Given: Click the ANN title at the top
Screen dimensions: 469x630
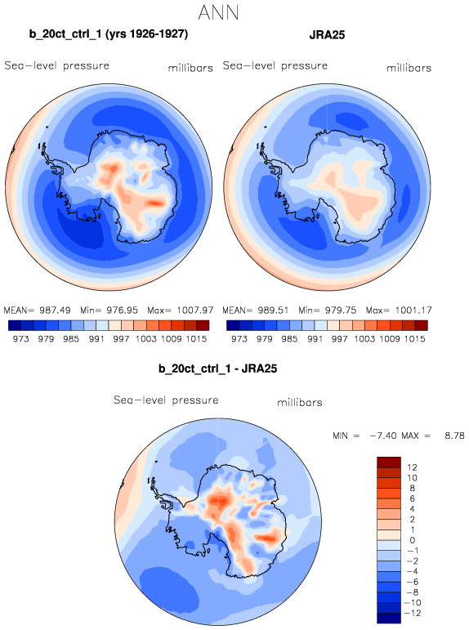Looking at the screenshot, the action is tap(219, 12).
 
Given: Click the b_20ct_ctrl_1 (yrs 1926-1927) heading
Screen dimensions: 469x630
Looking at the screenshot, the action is tap(109, 34).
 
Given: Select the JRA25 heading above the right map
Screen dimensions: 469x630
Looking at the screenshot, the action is tap(327, 35).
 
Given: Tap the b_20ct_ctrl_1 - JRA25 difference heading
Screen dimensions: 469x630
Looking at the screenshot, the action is tap(218, 369).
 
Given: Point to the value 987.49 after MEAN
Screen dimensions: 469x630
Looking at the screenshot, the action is tap(55, 311).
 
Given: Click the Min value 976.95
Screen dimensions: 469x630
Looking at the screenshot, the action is tap(122, 311).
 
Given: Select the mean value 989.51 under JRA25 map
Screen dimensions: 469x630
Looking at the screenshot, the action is tap(273, 311).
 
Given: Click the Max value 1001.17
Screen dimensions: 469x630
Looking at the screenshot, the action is tap(413, 311).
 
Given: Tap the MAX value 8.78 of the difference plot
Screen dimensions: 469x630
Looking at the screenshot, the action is tap(454, 436).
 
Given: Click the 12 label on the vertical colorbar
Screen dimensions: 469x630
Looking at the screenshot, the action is tap(412, 467).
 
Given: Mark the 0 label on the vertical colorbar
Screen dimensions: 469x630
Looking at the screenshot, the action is tap(413, 540).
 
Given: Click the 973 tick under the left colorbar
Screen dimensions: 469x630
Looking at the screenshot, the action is tap(21, 339).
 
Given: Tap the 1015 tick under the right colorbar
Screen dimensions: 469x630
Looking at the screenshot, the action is tap(415, 339).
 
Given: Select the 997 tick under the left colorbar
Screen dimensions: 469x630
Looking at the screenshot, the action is tap(121, 339).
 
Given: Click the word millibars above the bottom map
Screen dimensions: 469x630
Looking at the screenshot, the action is tap(300, 402).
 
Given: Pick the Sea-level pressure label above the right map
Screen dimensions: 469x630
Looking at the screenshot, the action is tap(275, 65).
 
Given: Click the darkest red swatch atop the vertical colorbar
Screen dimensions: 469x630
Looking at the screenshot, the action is tap(389, 462).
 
